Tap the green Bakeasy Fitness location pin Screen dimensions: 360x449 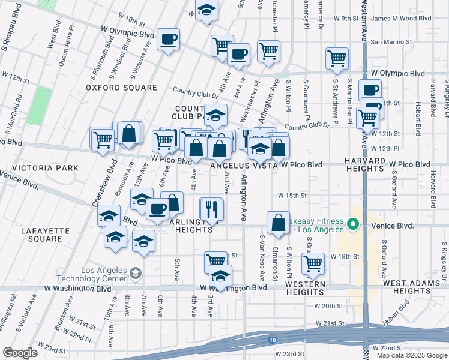pos(354,226)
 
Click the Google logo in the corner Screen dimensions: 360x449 pos(20,353)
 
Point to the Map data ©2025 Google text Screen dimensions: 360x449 pos(412,355)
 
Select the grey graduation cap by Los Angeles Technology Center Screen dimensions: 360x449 pos(136,274)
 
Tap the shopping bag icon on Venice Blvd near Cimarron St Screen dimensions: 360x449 pos(279,223)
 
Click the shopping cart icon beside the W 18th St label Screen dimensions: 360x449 pos(313,262)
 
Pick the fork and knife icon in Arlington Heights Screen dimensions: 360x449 pos(211,209)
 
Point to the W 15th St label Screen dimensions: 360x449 pos(292,196)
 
